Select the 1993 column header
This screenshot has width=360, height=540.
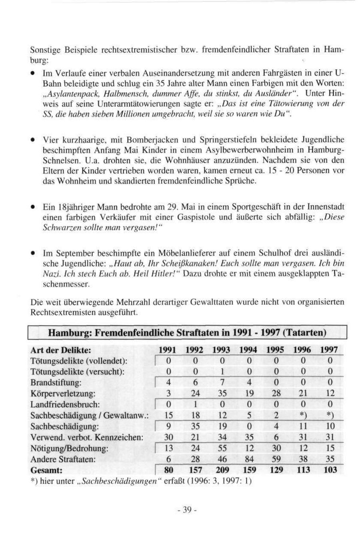[x=221, y=350]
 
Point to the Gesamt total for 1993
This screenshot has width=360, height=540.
[x=221, y=470]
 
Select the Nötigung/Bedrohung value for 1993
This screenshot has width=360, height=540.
[x=221, y=448]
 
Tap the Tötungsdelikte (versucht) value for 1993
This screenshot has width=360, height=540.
[x=221, y=372]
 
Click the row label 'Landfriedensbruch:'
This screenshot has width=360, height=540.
[x=65, y=404]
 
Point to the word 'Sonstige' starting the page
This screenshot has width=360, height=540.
[x=45, y=50]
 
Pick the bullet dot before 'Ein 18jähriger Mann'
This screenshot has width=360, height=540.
[x=32, y=208]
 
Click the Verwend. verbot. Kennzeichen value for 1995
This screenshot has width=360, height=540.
[x=276, y=437]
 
